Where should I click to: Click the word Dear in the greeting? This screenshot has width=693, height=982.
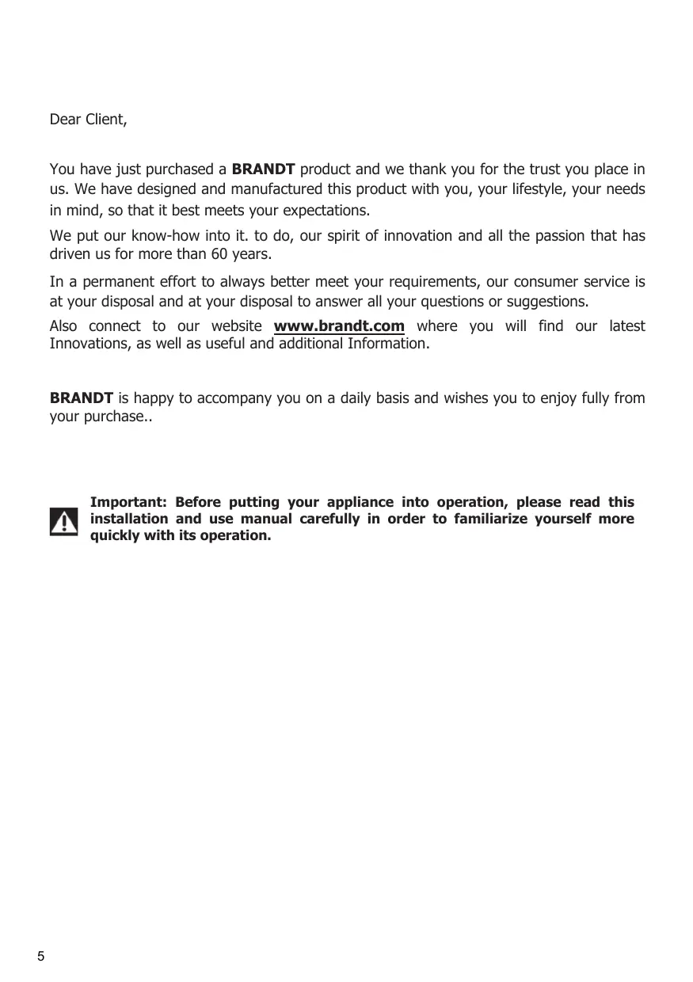(x=63, y=120)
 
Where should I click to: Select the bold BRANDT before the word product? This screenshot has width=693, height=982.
(x=265, y=169)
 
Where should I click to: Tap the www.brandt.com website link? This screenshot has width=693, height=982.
(x=339, y=326)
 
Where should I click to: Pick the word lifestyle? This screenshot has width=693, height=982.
(x=534, y=189)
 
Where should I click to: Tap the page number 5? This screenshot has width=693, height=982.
(x=41, y=956)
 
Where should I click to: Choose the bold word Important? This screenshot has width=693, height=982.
(x=128, y=502)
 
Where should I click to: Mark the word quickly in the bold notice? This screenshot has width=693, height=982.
(x=114, y=536)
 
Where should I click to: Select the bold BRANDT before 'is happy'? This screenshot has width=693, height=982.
(x=82, y=398)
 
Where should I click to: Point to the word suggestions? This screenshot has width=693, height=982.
(x=549, y=302)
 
